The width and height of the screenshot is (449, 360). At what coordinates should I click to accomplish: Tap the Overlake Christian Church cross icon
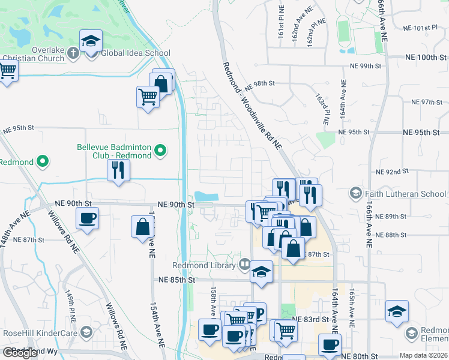click(73, 53)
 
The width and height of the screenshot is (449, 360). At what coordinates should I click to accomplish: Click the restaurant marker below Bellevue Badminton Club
click(118, 170)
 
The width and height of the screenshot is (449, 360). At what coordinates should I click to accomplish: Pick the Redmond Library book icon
click(244, 264)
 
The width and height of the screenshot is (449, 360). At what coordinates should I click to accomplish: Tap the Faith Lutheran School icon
click(356, 193)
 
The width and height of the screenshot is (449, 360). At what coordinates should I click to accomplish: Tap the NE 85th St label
click(177, 280)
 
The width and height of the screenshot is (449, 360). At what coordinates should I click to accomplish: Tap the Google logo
click(21, 353)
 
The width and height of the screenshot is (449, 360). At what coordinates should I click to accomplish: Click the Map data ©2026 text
click(424, 355)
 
